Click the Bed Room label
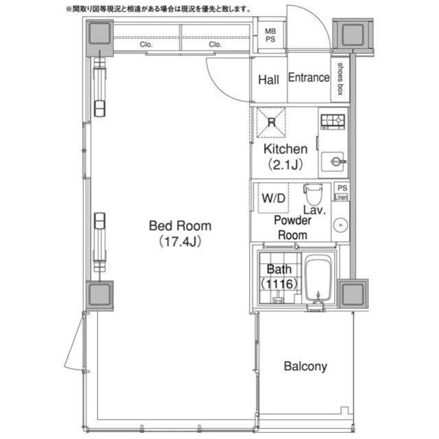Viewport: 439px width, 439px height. tap(180, 226)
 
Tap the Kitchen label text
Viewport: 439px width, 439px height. tap(285, 149)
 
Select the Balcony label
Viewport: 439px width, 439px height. tap(305, 367)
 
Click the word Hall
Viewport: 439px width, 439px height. tap(268, 80)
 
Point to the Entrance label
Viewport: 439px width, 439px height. tap(309, 78)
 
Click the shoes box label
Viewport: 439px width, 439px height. tap(340, 79)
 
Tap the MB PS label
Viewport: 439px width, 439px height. tap(270, 35)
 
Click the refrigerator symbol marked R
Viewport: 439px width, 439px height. tap(271, 122)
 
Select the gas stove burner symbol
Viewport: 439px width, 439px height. tap(333, 122)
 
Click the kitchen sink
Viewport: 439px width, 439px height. tap(333, 161)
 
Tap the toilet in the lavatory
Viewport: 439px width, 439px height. tap(313, 194)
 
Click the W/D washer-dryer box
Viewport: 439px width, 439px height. tap(273, 198)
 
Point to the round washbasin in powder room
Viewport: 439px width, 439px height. tap(340, 225)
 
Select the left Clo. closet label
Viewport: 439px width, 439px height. tap(146, 44)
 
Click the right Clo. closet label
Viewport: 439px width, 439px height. tap(215, 44)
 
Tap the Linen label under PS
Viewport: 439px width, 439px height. tap(342, 197)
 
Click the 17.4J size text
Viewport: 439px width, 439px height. tap(180, 241)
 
